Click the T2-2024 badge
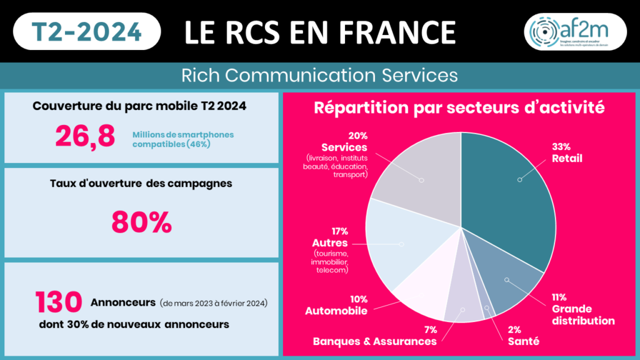pyautogui.click(x=86, y=31)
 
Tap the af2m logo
pyautogui.click(x=575, y=31)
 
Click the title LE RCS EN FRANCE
pyautogui.click(x=319, y=31)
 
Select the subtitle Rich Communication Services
pyautogui.click(x=319, y=76)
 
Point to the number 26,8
pyautogui.click(x=85, y=136)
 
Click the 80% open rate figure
pyautogui.click(x=141, y=222)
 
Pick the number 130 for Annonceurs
pyautogui.click(x=59, y=302)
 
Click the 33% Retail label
pyautogui.click(x=566, y=152)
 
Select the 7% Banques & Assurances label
pyautogui.click(x=374, y=336)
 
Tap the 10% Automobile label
pyautogui.click(x=336, y=305)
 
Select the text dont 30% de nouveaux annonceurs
pyautogui.click(x=132, y=324)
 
